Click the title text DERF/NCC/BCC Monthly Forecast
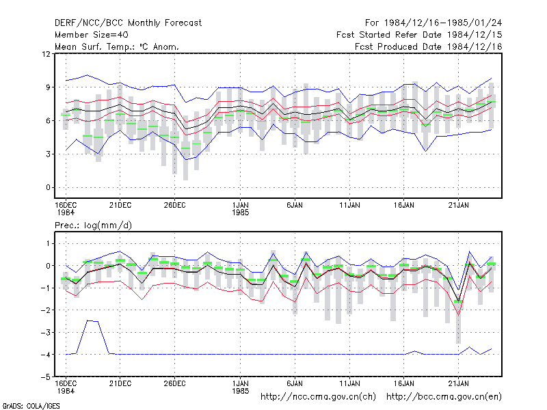128,23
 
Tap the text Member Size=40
92,35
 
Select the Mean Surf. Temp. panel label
117,46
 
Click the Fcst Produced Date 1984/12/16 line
429,46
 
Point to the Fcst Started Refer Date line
419,35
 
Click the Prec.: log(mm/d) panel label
93,225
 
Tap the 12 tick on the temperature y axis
46,54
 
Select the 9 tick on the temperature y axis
48,87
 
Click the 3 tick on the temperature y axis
48,154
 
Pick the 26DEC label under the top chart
175,206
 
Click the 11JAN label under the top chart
349,206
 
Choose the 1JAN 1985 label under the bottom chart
241,387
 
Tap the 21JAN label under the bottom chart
458,384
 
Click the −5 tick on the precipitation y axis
46,377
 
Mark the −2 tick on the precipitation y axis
46,310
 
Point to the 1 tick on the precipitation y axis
48,243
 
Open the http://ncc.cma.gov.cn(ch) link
318,397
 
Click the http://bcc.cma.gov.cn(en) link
444,397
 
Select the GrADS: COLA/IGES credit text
31,406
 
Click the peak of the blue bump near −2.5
88,320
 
